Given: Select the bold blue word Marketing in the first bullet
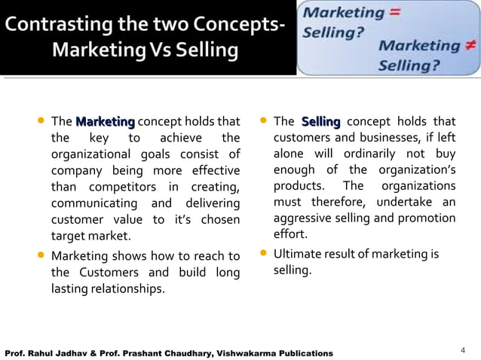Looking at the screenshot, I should point(105,121).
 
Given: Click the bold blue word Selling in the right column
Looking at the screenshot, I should point(320,121).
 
